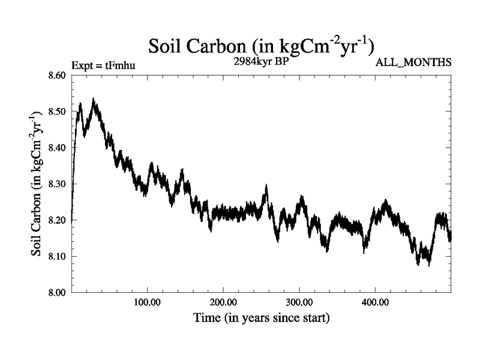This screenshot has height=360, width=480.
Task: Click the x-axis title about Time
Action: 261,317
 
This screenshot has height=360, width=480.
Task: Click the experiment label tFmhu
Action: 103,64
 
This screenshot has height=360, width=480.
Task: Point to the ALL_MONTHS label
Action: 413,63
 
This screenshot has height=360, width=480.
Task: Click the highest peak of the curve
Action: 93,100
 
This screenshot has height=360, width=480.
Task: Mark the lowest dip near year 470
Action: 428,264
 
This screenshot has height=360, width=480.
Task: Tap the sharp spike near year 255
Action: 266,187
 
